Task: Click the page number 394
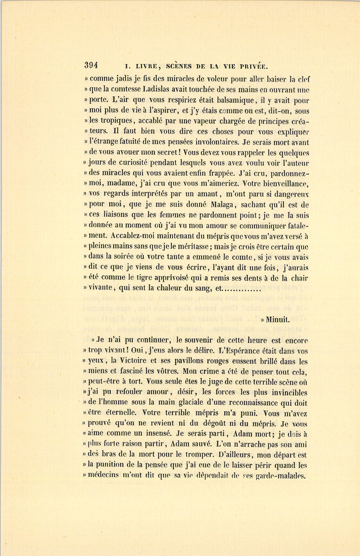[91, 66]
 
